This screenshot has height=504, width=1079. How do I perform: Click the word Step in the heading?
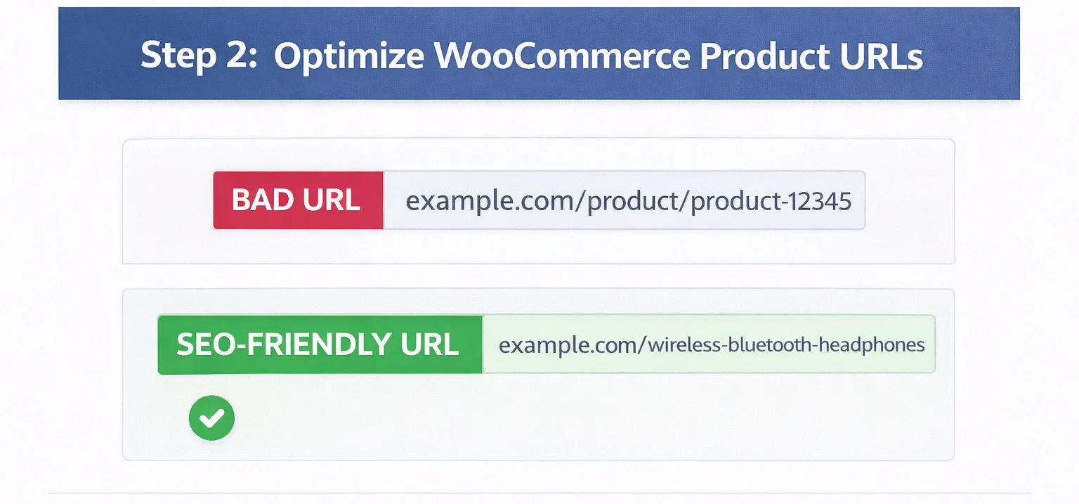pyautogui.click(x=177, y=56)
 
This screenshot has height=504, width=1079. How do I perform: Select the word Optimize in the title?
pyautogui.click(x=349, y=56)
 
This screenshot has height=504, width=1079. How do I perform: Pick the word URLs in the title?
pyautogui.click(x=884, y=56)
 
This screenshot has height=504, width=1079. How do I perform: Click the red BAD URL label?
pyautogui.click(x=298, y=200)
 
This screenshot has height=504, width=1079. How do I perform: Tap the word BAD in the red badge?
pyautogui.click(x=262, y=200)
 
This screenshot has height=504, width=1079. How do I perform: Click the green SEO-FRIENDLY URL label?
pyautogui.click(x=320, y=344)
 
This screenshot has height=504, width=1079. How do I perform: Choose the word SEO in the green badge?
pyautogui.click(x=202, y=344)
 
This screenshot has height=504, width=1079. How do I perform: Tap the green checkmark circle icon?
pyautogui.click(x=211, y=418)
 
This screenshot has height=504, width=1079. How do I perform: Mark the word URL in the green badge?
pyautogui.click(x=431, y=344)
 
